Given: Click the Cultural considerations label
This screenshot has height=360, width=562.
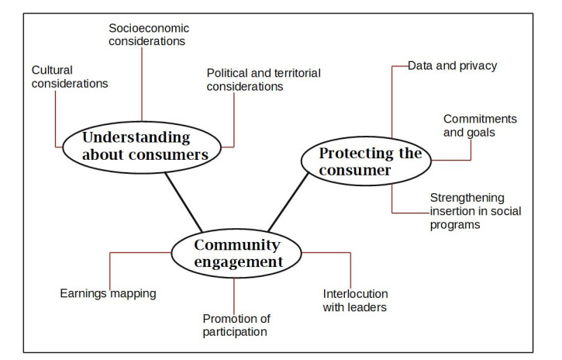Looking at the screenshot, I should coord(69,76).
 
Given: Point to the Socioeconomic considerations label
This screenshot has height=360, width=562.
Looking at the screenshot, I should coord(148,34).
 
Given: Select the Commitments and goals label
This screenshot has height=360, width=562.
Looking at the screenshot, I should coord(480,125).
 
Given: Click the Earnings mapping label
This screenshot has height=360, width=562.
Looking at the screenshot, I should coord(108,294).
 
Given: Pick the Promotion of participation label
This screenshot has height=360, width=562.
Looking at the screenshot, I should coord(235,325).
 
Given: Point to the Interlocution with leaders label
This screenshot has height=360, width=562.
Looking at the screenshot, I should coord(355,300).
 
